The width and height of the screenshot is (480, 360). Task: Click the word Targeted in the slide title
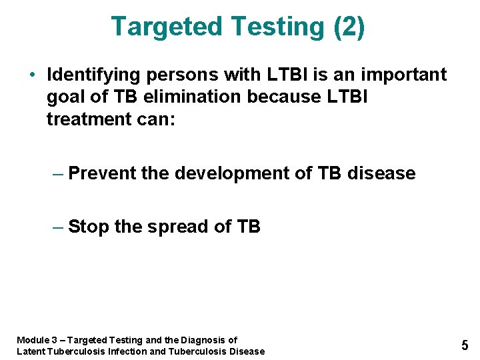[x=167, y=27]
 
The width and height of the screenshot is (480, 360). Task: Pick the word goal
[x=67, y=97]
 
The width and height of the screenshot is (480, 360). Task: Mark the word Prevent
[x=102, y=174]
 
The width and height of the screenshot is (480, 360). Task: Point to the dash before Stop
[x=58, y=227]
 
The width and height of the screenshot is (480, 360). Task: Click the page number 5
[x=465, y=345]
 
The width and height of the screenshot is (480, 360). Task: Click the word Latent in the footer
[x=31, y=351]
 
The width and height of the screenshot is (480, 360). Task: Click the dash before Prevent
[x=58, y=174]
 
